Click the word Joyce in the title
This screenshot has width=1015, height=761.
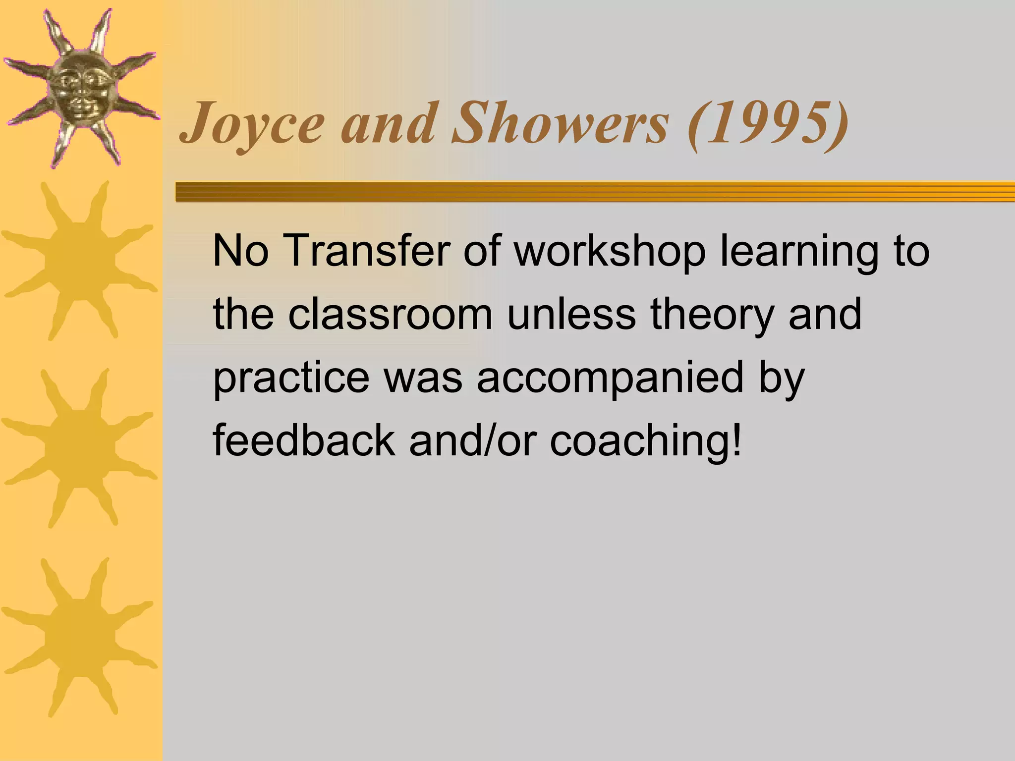(x=252, y=124)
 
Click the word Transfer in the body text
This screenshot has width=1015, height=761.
(x=366, y=251)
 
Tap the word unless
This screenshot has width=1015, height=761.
(x=571, y=315)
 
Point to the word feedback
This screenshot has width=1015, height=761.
(x=304, y=440)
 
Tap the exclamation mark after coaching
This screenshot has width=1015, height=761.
(x=737, y=439)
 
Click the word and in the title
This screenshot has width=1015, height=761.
(x=389, y=124)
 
